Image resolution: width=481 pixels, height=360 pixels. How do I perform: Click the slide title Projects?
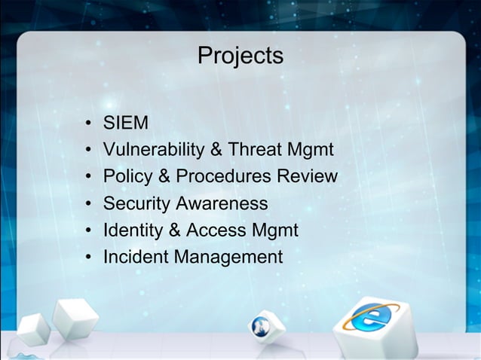[x=240, y=56]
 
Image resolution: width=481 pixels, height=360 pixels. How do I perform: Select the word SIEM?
[x=126, y=122]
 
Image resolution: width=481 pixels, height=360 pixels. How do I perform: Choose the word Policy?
[x=126, y=176]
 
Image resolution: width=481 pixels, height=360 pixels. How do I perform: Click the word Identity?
[x=133, y=230]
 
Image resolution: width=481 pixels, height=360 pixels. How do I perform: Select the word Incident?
[x=136, y=258]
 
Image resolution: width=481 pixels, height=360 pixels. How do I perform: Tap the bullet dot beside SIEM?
[x=89, y=123]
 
